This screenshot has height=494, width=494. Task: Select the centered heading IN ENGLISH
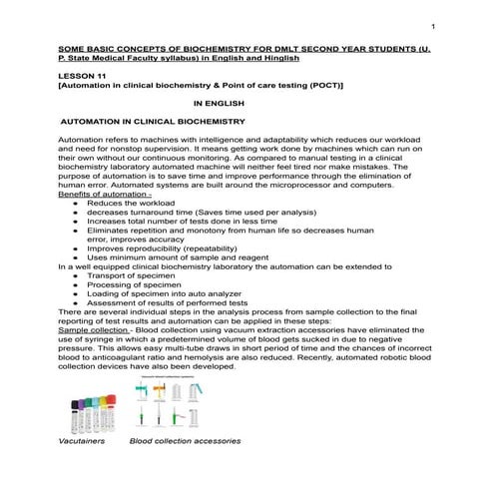[x=214, y=102]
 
